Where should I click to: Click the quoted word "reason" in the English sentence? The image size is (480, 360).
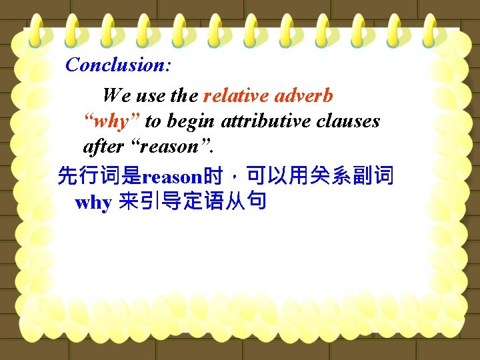[164, 147]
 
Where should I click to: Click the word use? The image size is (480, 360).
[151, 96]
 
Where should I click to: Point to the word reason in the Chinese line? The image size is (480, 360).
[172, 177]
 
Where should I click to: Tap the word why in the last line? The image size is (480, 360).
[93, 203]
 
